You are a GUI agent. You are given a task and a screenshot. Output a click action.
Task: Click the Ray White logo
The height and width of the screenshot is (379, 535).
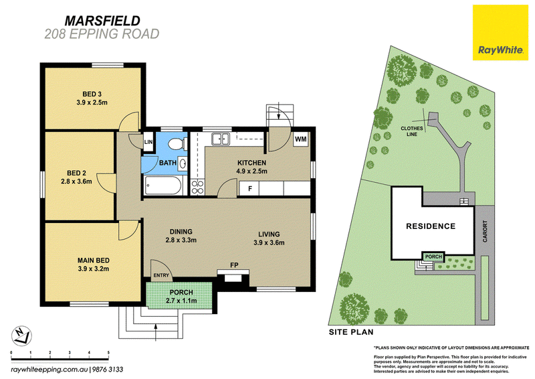point(500,32)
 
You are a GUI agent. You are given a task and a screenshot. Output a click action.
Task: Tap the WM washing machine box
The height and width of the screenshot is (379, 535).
point(300,139)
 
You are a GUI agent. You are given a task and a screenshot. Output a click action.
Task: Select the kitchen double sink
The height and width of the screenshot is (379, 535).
point(221,139)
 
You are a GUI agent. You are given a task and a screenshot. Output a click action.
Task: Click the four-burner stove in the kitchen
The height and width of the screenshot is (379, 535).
point(197,187)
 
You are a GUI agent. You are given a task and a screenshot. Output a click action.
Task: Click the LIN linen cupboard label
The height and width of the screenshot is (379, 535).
point(148,142)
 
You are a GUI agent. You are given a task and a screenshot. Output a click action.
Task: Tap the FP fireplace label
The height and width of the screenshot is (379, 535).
point(234,265)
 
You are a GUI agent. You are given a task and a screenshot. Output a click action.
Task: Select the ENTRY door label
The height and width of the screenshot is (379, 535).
point(161,275)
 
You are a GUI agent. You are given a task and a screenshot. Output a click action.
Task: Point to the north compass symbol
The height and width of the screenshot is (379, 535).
point(21,335)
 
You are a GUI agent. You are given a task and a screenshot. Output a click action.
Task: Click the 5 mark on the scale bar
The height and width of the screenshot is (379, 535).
point(108,352)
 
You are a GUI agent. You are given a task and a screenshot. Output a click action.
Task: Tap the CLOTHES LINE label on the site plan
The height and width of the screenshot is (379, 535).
point(412,131)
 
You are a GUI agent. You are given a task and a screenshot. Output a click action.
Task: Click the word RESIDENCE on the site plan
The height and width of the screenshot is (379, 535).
point(431,226)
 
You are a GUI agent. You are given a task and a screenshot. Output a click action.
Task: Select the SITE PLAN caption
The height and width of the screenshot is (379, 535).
point(351,332)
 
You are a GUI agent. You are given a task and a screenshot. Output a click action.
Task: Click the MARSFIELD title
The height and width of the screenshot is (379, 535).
point(102,21)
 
